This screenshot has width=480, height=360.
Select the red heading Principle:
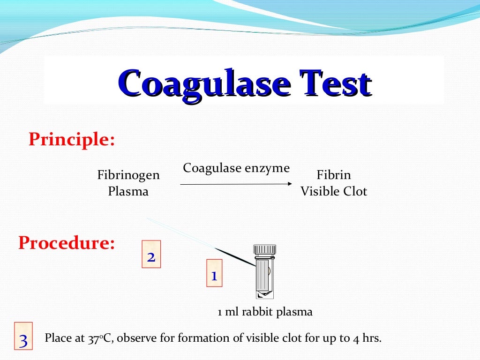[x=72, y=139]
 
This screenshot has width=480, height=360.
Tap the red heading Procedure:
[x=67, y=243]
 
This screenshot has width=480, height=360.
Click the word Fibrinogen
[x=128, y=175]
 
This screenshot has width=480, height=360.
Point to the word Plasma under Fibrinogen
[x=128, y=191]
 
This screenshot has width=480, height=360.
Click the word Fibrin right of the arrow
[x=334, y=175]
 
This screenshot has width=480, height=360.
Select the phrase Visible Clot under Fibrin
[x=334, y=191]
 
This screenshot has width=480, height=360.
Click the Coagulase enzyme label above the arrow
[x=236, y=168]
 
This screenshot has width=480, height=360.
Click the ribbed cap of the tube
[x=265, y=249]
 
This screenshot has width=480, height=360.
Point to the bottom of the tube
[x=265, y=294]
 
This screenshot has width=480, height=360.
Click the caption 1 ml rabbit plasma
[x=265, y=312]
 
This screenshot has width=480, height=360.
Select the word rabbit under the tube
[x=256, y=312]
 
